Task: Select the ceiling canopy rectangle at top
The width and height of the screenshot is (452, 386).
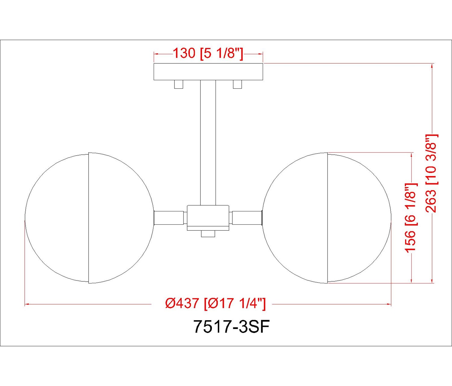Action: [208, 72]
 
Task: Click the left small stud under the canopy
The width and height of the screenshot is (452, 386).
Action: [178, 84]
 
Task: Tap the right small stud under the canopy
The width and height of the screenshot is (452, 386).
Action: [237, 84]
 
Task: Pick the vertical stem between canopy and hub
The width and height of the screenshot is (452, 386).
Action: [208, 143]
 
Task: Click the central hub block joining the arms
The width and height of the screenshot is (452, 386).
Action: [208, 218]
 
